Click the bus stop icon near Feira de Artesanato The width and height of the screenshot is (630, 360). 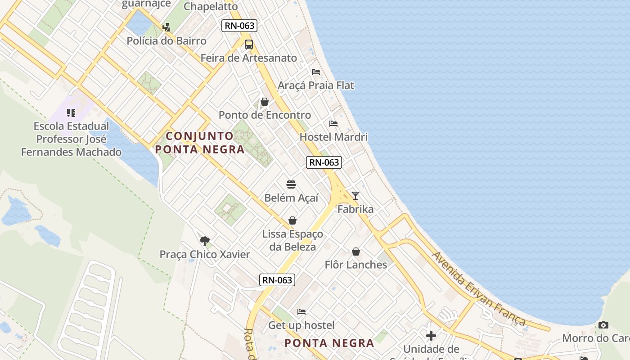point(249,45)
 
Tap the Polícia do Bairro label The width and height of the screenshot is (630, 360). point(166,41)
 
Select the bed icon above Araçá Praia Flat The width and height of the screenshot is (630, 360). point(316,72)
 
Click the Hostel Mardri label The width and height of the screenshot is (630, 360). point(333,137)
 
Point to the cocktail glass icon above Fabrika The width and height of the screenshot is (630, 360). point(355,195)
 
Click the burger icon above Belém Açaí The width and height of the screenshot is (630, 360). point(291,184)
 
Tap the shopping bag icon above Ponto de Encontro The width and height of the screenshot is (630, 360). point(265,102)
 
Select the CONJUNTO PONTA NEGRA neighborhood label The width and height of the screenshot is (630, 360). point(200,143)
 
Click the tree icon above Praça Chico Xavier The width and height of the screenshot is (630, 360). point(205,241)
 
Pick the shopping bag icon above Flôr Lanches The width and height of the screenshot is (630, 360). point(356,251)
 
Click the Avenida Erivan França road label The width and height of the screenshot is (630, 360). point(479,288)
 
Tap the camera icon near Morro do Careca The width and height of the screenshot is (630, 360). point(603,325)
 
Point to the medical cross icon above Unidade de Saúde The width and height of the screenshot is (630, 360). point(431,335)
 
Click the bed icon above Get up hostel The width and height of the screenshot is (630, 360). point(301,311)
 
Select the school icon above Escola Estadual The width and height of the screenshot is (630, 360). point(71,112)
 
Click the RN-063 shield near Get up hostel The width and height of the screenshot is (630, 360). point(278,280)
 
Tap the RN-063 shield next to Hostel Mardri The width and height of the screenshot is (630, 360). point(324,162)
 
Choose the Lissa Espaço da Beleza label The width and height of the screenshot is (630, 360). point(292,240)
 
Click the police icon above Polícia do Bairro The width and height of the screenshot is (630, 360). point(166,27)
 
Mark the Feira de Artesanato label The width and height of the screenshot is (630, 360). point(249,58)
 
